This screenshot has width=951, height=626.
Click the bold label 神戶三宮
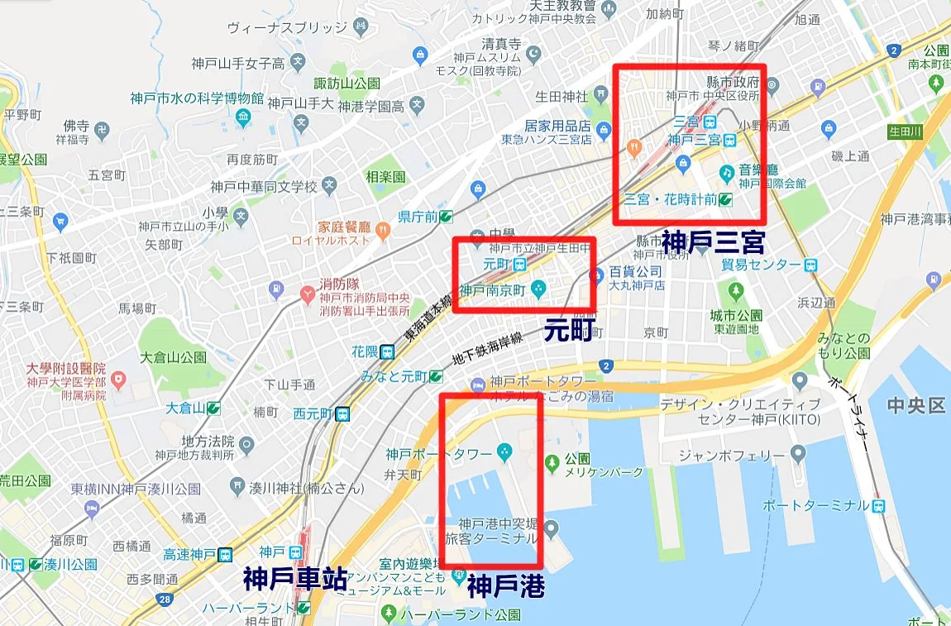tap(712, 241)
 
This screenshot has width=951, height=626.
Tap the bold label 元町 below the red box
tap(569, 330)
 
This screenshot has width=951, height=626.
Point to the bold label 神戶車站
tap(295, 579)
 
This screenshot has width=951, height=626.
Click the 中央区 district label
tap(915, 405)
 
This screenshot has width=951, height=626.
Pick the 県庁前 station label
tap(417, 217)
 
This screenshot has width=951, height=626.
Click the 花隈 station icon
tap(387, 351)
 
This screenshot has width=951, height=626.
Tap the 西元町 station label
tap(312, 413)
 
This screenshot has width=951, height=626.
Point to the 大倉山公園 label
tap(173, 358)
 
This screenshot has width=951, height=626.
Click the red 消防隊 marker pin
tap(308, 293)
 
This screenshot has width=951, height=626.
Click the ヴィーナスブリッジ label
tap(287, 27)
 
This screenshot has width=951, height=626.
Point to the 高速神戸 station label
tap(189, 555)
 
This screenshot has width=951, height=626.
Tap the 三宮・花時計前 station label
tap(669, 198)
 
